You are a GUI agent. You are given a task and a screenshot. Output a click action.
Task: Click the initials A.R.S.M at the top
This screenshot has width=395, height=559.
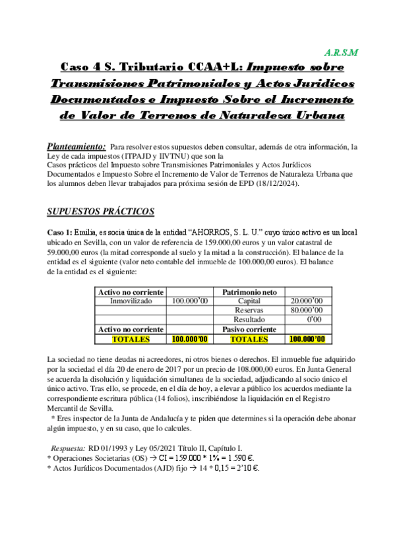point(342,51)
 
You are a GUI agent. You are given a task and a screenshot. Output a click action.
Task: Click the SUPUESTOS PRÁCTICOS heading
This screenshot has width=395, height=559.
point(101,212)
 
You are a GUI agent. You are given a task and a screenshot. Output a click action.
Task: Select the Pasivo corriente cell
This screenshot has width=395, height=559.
point(251,329)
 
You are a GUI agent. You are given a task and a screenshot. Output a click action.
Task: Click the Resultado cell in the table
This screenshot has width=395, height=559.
point(250,320)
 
